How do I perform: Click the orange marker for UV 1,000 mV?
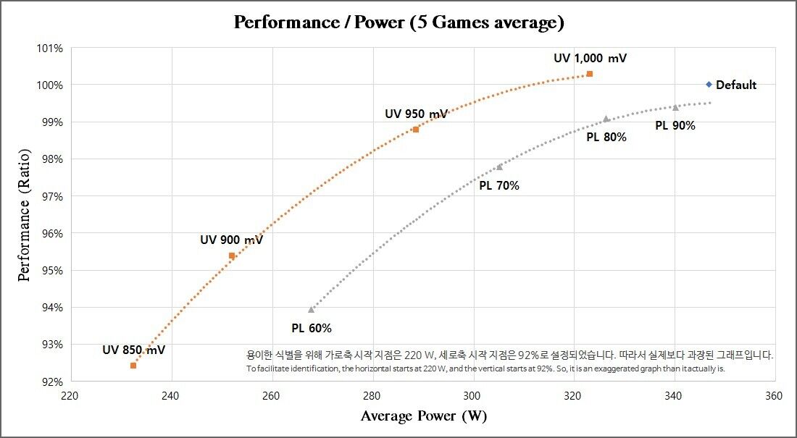pos(590,74)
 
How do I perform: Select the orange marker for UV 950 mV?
pos(416,130)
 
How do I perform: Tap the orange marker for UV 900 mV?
pos(232,256)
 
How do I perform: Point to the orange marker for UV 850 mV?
pos(133,366)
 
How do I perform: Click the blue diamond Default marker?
pos(709,85)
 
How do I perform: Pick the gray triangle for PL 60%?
pos(312,310)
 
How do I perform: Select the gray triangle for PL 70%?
pos(499,167)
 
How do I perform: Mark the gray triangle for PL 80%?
pos(606,119)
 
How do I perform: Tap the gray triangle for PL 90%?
pos(675,108)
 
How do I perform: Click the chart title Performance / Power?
pos(398,22)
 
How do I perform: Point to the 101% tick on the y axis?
pos(50,49)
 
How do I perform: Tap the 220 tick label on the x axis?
pos(70,396)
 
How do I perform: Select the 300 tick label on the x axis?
pos(472,396)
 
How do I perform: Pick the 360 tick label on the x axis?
pos(774,396)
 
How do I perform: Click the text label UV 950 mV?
pos(416,114)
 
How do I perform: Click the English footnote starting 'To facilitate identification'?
pos(485,368)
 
